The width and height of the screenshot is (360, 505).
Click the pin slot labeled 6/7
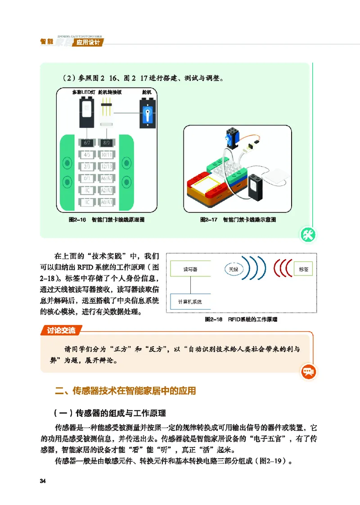(x=87, y=143)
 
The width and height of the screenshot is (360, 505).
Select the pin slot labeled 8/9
(x=107, y=143)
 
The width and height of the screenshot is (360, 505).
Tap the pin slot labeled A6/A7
(x=107, y=178)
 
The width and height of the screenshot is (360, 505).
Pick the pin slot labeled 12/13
(x=107, y=167)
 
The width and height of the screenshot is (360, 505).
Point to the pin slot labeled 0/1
(x=87, y=178)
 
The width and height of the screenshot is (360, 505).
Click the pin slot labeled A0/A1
(x=107, y=202)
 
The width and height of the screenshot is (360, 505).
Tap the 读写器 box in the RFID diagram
(x=190, y=269)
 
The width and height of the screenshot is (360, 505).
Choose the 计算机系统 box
(x=190, y=301)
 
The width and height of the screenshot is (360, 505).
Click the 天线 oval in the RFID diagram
(x=233, y=269)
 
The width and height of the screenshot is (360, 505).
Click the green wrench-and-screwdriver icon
(x=309, y=234)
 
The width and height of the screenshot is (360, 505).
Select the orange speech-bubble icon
(x=309, y=372)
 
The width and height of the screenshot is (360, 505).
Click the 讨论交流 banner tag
(x=62, y=331)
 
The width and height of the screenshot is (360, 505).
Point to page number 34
(x=43, y=482)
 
